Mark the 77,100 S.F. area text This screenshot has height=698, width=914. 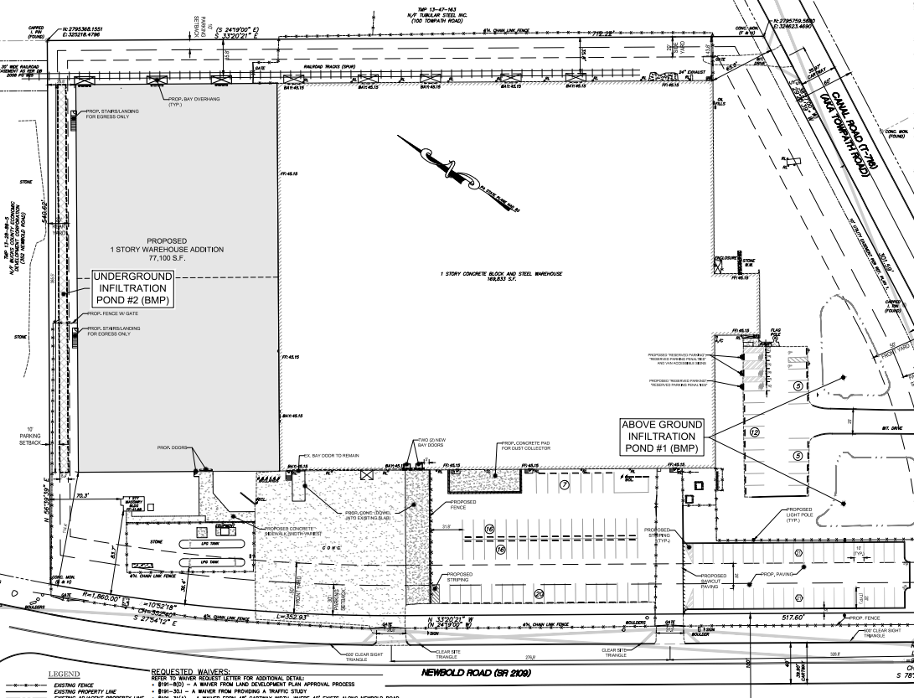pyautogui.click(x=176, y=260)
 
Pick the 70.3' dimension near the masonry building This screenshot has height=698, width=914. pyautogui.click(x=82, y=495)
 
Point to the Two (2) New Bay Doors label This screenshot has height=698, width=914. pyautogui.click(x=430, y=444)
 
